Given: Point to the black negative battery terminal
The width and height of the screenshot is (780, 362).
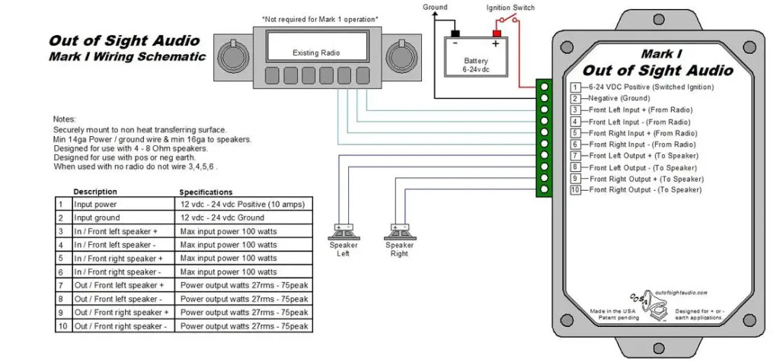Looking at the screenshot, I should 455,34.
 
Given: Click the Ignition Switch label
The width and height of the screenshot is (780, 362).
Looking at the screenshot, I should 510,8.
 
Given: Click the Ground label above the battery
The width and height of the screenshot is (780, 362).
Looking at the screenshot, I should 436,7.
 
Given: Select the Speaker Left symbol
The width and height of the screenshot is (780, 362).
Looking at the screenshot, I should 343,228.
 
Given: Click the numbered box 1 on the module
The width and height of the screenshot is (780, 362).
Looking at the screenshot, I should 576,87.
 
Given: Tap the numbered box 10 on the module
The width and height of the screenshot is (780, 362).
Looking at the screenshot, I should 576,189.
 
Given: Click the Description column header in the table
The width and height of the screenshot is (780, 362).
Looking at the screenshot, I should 95,192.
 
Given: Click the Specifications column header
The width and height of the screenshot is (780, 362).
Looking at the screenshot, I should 206,192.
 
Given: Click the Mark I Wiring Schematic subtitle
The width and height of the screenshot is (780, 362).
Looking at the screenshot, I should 127,56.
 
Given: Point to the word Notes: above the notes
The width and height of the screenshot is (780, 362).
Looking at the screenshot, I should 65,120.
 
